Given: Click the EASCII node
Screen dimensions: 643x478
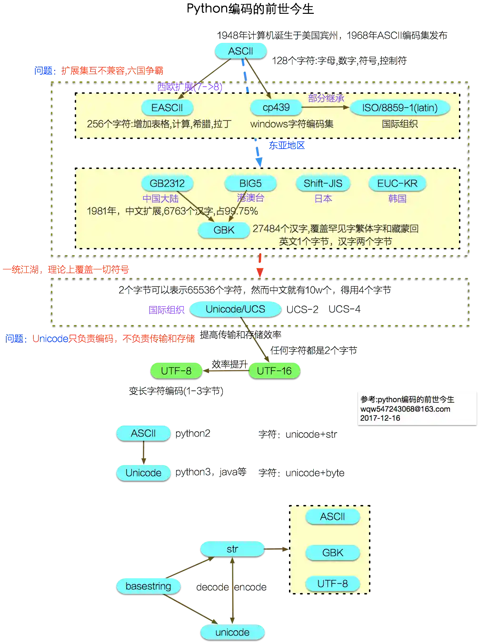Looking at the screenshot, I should click(167, 108).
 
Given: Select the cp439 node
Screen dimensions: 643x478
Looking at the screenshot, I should click(276, 108).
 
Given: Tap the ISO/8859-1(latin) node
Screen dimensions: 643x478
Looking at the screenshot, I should click(400, 108).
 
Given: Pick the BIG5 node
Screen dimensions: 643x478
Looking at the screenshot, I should click(250, 183).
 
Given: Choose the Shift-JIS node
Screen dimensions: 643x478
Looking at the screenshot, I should click(323, 183).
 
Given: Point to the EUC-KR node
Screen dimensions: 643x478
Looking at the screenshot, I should click(397, 183).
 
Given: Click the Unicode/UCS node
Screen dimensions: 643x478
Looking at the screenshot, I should click(235, 309).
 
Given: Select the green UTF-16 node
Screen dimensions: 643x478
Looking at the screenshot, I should click(274, 371).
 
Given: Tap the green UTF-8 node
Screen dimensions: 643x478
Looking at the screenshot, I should click(176, 371).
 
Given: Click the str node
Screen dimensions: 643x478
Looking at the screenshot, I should click(232, 549).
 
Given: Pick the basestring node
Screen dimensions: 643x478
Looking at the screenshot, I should click(148, 586).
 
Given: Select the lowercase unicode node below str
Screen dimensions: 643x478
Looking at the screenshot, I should click(232, 633).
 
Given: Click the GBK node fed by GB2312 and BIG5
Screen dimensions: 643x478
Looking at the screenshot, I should click(224, 230).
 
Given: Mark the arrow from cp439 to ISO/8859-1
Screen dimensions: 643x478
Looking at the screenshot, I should click(326, 108).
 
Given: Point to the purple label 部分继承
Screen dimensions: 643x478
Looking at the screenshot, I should click(326, 98).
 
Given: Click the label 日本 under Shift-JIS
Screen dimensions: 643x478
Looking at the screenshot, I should click(323, 198).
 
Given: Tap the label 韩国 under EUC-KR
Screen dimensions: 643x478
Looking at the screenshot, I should click(397, 198).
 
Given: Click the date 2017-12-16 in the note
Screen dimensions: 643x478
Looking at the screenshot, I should click(380, 418).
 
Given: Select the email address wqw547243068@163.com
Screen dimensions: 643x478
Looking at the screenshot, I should click(405, 409).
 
